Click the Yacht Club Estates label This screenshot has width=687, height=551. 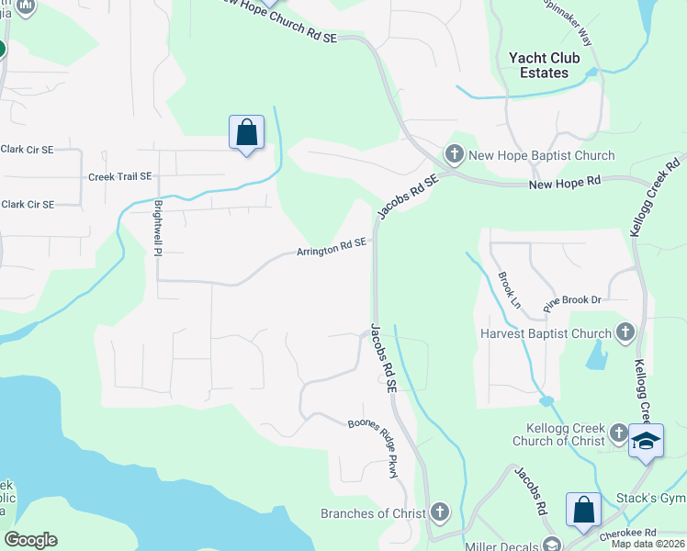tap(544, 65)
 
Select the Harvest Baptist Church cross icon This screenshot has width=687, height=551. tap(625, 332)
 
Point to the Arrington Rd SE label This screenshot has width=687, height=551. tap(332, 247)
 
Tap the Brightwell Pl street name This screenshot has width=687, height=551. tap(158, 228)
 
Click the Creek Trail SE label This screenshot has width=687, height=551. tap(119, 176)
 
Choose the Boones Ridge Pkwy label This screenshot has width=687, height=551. tap(376, 447)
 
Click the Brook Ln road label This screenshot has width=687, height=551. tap(509, 288)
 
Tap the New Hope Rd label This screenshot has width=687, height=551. tap(564, 185)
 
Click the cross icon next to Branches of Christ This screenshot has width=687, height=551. tap(440, 512)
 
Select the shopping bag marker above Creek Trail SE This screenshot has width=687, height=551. tap(246, 132)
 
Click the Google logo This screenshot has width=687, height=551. tap(30, 540)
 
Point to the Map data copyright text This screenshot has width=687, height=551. tap(648, 544)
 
